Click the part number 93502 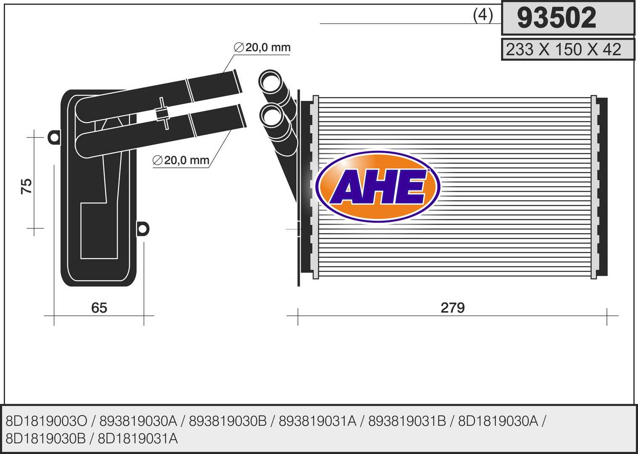[x=556, y=18]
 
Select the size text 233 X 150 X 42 [x=563, y=50]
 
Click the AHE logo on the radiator [x=378, y=187]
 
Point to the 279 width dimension [x=453, y=308]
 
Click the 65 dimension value [x=99, y=308]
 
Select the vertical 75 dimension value [x=26, y=186]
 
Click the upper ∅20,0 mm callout [x=262, y=47]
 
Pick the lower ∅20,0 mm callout [x=181, y=160]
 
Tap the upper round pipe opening [x=270, y=81]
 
